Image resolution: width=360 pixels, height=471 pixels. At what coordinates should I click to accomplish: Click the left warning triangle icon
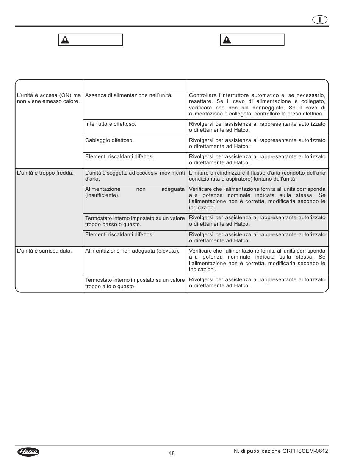pos(65,40)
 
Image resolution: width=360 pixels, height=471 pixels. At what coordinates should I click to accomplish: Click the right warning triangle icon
pos(227,40)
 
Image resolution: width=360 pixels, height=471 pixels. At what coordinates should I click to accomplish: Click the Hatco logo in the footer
pos(28,452)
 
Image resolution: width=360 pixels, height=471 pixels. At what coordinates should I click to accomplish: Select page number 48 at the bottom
pos(172,453)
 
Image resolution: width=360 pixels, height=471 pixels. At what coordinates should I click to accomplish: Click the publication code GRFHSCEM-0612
pos(305,451)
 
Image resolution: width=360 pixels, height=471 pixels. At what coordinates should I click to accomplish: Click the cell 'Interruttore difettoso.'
pos(111,124)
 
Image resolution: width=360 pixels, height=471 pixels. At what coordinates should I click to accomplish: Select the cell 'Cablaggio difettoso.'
pos(110,140)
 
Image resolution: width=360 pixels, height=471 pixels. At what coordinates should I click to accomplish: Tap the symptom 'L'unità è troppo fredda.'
pos(45,173)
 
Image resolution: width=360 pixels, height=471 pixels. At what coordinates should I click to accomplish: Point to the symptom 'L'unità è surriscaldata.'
pos(45,251)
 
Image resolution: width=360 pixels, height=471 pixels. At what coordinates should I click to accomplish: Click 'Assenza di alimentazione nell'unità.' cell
pos(129,95)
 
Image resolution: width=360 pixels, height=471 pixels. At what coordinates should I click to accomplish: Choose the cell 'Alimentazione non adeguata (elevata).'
pos(132,251)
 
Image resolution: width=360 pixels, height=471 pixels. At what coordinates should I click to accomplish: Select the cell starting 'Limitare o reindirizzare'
pos(257,176)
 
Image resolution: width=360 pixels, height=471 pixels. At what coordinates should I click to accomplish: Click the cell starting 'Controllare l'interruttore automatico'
pos(257,104)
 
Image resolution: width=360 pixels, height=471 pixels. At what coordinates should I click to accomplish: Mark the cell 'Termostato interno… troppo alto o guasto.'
pos(135,283)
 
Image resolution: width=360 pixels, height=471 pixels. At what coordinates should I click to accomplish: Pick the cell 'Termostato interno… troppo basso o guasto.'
pos(135,221)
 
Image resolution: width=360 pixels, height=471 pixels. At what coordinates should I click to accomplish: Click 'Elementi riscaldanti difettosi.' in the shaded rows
pos(120,235)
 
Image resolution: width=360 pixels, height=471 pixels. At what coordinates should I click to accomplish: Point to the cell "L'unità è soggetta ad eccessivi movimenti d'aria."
pos(135,176)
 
